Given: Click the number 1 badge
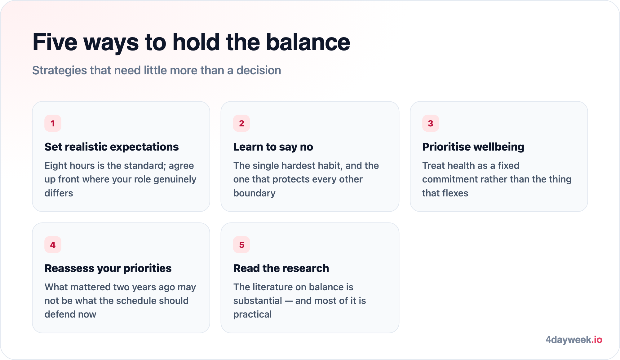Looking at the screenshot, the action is [x=53, y=123].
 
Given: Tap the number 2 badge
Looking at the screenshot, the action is [x=241, y=123].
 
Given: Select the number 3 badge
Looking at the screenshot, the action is [x=431, y=123].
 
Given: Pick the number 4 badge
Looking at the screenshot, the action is [x=53, y=245].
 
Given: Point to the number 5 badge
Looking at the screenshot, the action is [x=241, y=245].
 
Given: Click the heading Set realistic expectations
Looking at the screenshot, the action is [x=112, y=147].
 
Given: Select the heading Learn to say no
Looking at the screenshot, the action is [x=273, y=147].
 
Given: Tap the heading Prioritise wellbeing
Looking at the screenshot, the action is [x=473, y=147].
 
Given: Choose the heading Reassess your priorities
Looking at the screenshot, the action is [x=108, y=268].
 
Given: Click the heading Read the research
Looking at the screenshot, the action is [x=281, y=268].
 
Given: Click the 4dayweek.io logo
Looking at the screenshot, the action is [x=574, y=340].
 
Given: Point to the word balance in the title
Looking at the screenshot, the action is [x=308, y=42].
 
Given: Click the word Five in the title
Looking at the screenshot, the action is [x=55, y=42].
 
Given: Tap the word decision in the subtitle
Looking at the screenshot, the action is [x=259, y=70].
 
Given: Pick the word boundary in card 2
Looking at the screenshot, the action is [x=254, y=193].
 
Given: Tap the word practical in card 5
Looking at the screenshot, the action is [x=252, y=314].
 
